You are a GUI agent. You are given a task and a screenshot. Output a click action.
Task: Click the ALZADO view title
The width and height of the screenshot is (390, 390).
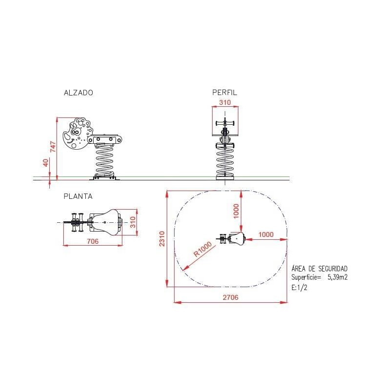(78, 93)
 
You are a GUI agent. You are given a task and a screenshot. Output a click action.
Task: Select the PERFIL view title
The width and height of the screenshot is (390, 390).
(225, 93)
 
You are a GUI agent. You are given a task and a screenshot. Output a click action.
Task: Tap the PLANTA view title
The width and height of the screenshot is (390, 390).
(78, 196)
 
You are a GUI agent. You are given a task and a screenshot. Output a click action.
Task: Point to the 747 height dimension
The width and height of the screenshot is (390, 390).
(53, 147)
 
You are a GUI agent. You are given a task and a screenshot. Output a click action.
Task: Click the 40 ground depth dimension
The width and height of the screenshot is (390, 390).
(45, 163)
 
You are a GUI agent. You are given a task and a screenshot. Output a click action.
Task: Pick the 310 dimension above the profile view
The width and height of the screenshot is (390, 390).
(225, 102)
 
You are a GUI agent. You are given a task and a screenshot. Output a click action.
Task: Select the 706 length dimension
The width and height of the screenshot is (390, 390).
(93, 241)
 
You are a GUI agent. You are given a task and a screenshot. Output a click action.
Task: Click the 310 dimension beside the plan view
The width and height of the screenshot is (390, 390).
(133, 222)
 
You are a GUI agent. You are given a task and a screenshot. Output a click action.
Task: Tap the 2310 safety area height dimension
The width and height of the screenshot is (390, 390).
(162, 239)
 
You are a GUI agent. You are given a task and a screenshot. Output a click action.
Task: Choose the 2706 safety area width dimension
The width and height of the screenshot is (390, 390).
(231, 297)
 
